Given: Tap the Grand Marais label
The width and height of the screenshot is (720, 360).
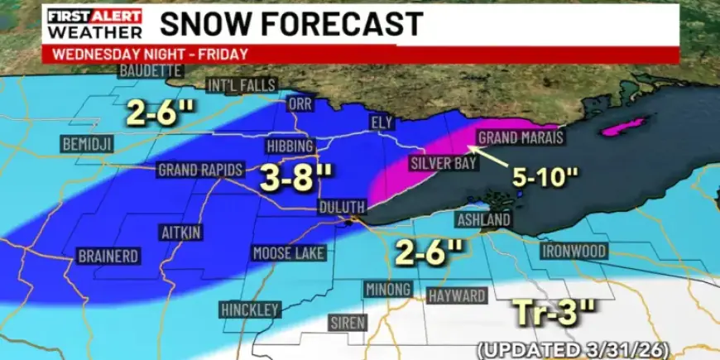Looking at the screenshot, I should pyautogui.click(x=521, y=137).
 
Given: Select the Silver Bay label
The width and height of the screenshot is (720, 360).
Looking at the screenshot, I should pyautogui.click(x=442, y=164).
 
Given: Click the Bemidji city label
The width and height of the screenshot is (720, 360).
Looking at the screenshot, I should pyautogui.click(x=86, y=144).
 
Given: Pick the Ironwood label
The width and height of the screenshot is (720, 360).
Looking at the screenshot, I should pyautogui.click(x=574, y=250).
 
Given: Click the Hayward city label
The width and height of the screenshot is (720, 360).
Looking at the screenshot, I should pyautogui.click(x=457, y=295).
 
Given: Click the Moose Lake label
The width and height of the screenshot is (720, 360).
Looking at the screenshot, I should pyautogui.click(x=289, y=253).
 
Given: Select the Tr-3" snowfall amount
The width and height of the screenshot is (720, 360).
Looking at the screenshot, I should pyautogui.click(x=554, y=314).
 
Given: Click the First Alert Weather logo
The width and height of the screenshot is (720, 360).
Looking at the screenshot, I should pyautogui.click(x=94, y=24).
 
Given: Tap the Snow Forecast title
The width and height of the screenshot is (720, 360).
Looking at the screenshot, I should pyautogui.click(x=291, y=23).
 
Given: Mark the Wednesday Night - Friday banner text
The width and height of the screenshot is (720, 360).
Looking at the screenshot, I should pyautogui.click(x=150, y=55).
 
